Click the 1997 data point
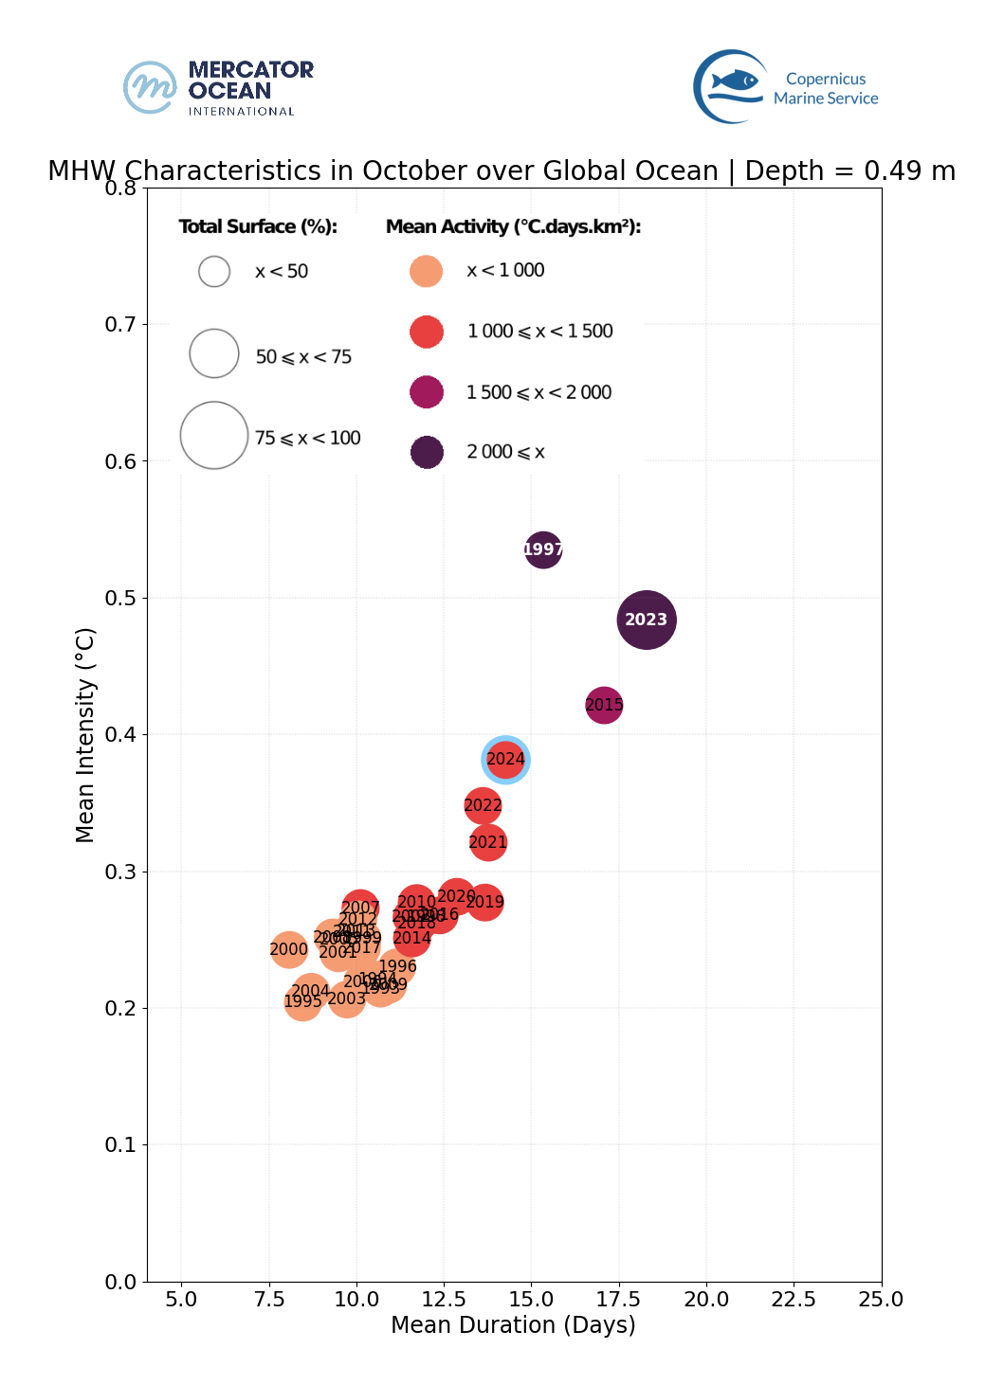(x=543, y=549)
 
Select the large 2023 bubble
(x=647, y=620)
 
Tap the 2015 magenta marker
(x=604, y=705)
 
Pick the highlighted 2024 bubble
(x=505, y=759)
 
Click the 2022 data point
(x=483, y=805)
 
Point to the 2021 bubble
(x=488, y=842)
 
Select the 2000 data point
(x=289, y=949)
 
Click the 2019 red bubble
(x=485, y=902)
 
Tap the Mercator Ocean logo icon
(x=150, y=87)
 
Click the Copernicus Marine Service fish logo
(x=733, y=86)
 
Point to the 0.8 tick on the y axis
(x=121, y=188)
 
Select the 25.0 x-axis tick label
(x=881, y=1299)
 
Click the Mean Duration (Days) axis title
(x=513, y=1324)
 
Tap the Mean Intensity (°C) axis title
(x=85, y=734)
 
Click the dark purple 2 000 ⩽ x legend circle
(x=427, y=452)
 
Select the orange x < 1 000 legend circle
(x=427, y=271)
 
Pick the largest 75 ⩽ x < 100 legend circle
(x=214, y=436)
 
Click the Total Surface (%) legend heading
(x=258, y=226)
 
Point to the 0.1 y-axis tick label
(x=121, y=1144)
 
